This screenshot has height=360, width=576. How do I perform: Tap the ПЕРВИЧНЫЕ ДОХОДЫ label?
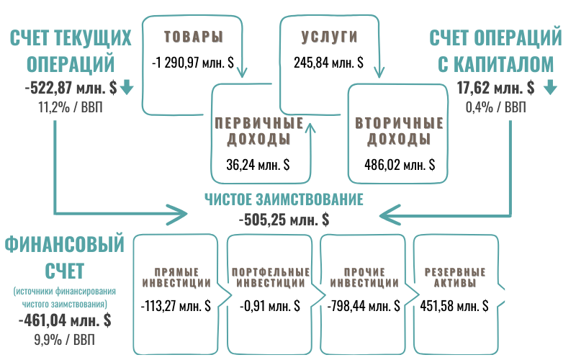[258, 130]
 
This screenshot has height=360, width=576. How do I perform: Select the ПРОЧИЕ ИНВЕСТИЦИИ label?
[364, 277]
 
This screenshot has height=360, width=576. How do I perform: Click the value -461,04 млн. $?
[64, 320]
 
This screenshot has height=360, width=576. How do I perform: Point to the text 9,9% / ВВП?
[64, 338]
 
